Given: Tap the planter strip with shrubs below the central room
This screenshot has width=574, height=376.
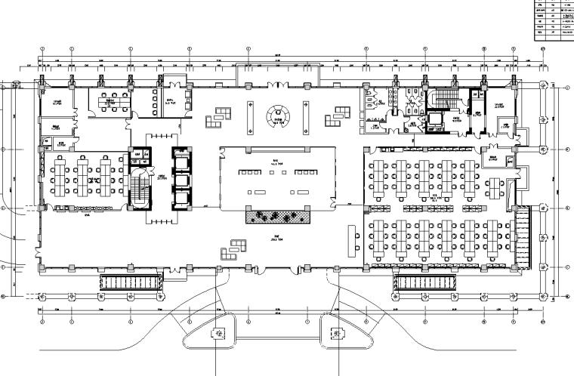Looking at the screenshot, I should (278, 217).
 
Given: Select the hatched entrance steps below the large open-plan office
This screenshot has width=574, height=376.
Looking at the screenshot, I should (424, 283).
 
